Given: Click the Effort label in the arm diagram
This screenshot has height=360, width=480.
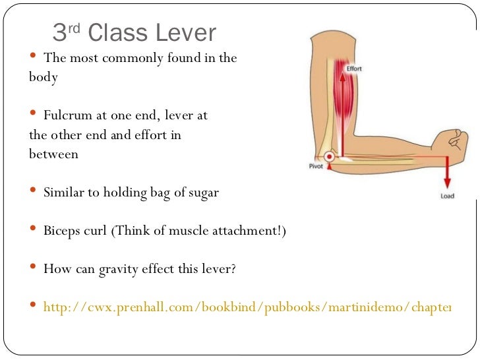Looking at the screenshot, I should point(353,68).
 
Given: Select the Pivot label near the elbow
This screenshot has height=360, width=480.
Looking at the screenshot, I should point(316,166).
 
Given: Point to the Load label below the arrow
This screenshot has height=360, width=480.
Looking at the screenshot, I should point(447,196).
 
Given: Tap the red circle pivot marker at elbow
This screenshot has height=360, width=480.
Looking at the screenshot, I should point(330,156).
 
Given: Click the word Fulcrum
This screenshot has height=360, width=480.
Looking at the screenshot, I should point(65,115).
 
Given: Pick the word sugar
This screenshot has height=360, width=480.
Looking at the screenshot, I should point(202,193).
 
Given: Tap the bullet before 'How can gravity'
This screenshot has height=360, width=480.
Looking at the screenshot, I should point(34,268).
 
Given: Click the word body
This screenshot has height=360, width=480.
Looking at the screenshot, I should point(44,77).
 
